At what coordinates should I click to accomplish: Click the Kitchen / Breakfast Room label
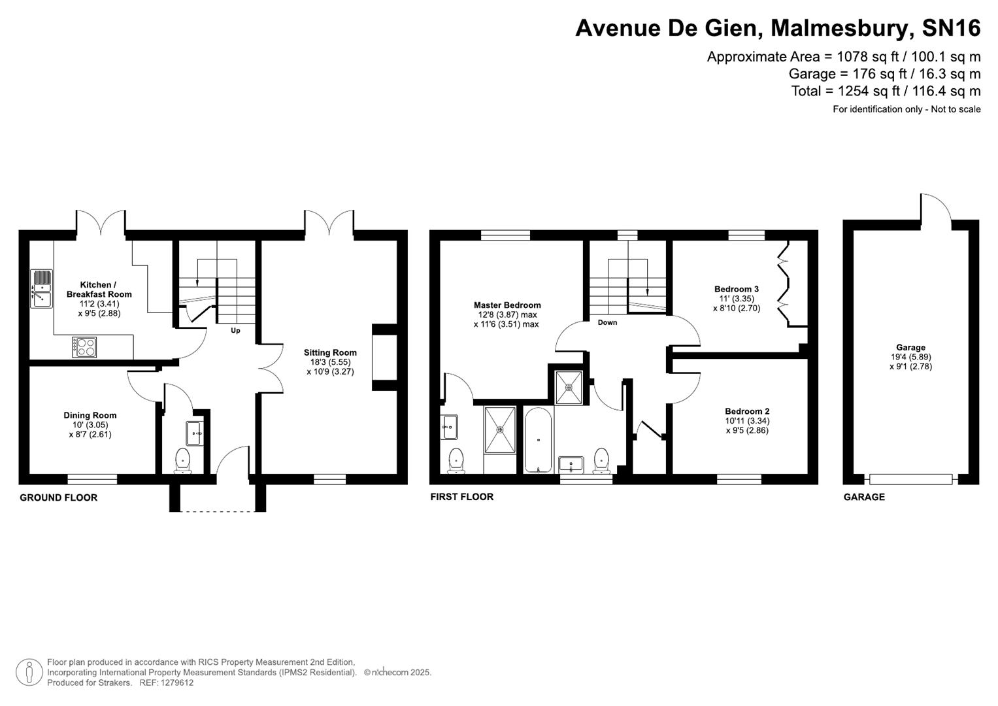pos(99,290)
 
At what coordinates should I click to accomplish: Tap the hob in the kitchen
pos(84,346)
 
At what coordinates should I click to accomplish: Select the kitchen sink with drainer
pos(41,289)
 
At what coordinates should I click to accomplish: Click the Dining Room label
pos(90,415)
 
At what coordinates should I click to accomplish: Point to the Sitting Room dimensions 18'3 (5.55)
pos(330,362)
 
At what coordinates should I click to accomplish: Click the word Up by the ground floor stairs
pos(235,330)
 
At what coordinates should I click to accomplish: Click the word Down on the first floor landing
pos(607,322)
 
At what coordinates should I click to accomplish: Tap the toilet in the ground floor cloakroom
pos(182,459)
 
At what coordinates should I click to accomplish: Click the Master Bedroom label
pos(507,305)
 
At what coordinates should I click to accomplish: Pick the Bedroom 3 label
pos(737,289)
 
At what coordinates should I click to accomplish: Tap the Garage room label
pos(910,348)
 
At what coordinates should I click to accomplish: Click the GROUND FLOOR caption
pos(58,497)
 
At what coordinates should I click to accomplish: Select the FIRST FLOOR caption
pos(461,497)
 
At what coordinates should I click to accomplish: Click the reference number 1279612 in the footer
pos(176,682)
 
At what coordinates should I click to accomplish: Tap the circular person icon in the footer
pos(29,672)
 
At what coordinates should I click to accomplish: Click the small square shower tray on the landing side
pos(569,387)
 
